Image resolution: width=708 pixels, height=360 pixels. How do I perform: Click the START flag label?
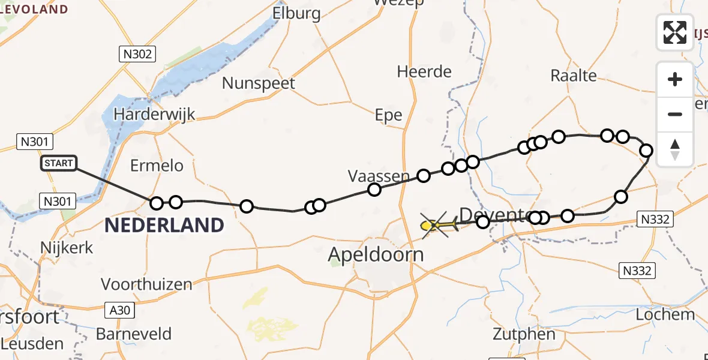59,163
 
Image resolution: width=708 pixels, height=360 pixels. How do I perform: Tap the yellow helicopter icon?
438,226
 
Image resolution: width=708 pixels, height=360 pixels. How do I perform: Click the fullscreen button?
675,32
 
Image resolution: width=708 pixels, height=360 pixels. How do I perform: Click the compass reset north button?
675,149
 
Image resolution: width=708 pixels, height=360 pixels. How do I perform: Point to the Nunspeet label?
259,83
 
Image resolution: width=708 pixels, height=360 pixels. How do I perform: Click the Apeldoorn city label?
376,254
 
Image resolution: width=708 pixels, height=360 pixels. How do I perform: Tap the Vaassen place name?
379,176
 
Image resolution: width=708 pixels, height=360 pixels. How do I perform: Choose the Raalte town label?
574,76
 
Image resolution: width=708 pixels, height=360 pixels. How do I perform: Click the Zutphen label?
524,334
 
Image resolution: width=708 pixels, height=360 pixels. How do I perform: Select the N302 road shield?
137,55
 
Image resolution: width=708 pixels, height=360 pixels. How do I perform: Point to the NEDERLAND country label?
164,226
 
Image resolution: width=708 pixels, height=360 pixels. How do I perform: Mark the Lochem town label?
665,314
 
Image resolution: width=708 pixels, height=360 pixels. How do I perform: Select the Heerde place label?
424,72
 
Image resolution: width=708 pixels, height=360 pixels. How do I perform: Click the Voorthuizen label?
146,284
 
